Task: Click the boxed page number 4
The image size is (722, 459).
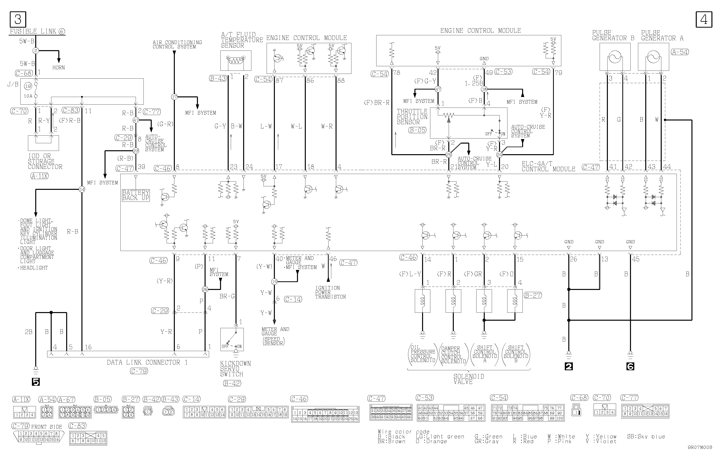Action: click(704, 20)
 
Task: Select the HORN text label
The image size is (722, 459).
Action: click(59, 68)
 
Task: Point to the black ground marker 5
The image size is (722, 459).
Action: click(36, 382)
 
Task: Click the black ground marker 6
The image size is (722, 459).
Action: click(630, 366)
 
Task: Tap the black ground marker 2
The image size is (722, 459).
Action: click(569, 366)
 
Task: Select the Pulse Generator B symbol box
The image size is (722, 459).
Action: click(615, 57)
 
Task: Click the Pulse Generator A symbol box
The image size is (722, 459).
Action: click(653, 57)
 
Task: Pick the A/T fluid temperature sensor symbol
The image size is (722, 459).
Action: click(236, 61)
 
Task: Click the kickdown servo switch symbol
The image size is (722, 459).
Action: click(232, 340)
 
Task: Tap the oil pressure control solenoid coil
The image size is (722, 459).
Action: click(422, 301)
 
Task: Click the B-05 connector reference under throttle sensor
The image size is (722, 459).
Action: click(417, 130)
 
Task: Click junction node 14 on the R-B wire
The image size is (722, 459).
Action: click(82, 189)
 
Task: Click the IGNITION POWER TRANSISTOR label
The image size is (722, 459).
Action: click(330, 292)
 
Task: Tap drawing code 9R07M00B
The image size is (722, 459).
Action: click(700, 455)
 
